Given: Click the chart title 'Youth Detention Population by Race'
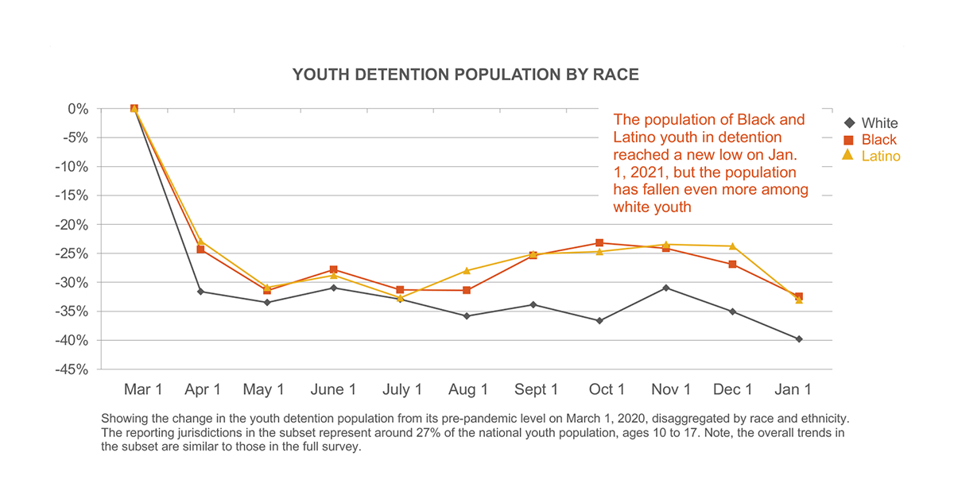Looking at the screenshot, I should [x=465, y=75].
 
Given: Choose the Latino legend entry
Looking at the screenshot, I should [x=871, y=156].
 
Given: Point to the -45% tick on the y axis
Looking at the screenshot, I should [x=72, y=369].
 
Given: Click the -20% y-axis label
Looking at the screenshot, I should [x=72, y=225].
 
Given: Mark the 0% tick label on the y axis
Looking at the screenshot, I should [x=77, y=109].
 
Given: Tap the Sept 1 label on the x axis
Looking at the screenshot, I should [x=536, y=389].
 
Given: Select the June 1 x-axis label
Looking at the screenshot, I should [x=333, y=389].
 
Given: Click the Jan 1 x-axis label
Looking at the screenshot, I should [x=793, y=389].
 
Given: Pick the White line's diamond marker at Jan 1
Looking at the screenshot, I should [x=799, y=339].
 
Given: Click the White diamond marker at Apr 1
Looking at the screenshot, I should [x=200, y=292].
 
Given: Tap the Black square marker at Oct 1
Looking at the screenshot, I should [x=599, y=243].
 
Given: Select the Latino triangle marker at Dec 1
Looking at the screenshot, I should [x=732, y=246].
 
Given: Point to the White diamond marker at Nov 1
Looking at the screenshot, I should [x=666, y=288].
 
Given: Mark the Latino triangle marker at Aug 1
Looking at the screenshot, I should [x=467, y=271].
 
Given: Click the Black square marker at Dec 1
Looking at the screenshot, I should [x=732, y=265].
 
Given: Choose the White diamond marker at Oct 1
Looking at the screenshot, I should [x=599, y=321].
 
